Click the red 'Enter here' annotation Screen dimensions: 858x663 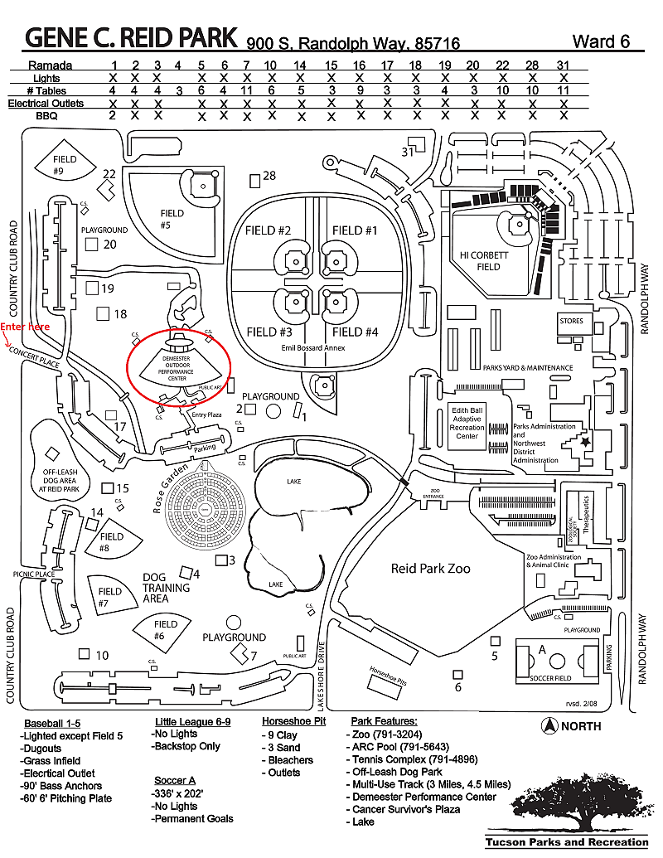point(25,327)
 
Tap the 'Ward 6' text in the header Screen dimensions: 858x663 point(606,41)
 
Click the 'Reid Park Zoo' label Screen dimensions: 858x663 point(430,569)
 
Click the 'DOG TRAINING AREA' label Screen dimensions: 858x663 point(166,588)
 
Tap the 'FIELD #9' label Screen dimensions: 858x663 point(64,165)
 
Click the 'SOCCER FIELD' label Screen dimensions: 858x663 point(551,678)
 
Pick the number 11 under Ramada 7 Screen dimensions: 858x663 point(246,90)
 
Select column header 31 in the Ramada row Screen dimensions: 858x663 point(563,65)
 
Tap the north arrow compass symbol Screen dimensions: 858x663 point(548,726)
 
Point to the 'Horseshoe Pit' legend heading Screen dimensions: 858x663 point(293,721)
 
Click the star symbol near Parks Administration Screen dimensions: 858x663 point(586,444)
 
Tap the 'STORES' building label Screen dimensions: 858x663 point(572,321)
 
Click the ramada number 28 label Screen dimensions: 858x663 point(269,176)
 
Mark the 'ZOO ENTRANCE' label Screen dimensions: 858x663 point(427,494)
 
